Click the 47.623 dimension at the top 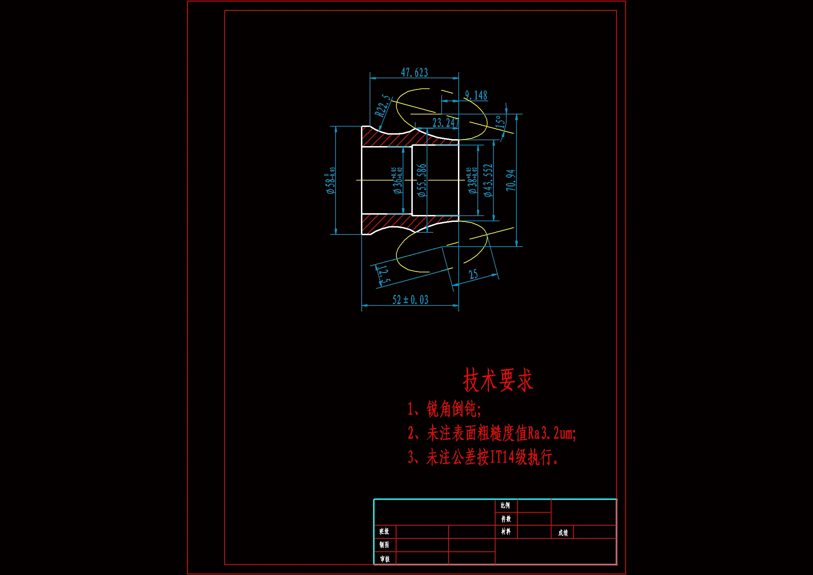[x=414, y=73]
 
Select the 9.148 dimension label [x=476, y=95]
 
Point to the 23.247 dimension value [x=445, y=123]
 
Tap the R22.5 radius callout [x=383, y=106]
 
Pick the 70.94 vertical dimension [x=511, y=180]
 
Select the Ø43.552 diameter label [x=488, y=180]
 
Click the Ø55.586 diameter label [x=422, y=180]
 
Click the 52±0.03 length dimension [x=410, y=300]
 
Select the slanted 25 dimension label [x=473, y=274]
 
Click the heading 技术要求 [x=498, y=380]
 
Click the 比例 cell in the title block [x=505, y=505]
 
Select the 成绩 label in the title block [x=563, y=533]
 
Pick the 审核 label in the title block [x=385, y=559]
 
